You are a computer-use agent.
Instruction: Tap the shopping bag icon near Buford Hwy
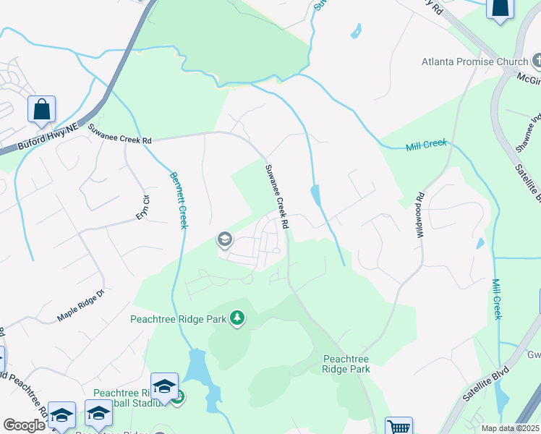[41, 110]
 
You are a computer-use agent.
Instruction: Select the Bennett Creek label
[179, 200]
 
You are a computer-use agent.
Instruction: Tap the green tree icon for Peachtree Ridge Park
[237, 318]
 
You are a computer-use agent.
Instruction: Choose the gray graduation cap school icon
[224, 239]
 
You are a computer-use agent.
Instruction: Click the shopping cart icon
[399, 427]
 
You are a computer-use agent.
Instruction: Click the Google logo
[24, 425]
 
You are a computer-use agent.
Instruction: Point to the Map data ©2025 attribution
[509, 428]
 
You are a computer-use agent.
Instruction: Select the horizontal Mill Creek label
[427, 145]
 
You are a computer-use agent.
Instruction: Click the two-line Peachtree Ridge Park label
[346, 364]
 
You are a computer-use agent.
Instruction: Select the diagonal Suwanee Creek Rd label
[276, 197]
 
